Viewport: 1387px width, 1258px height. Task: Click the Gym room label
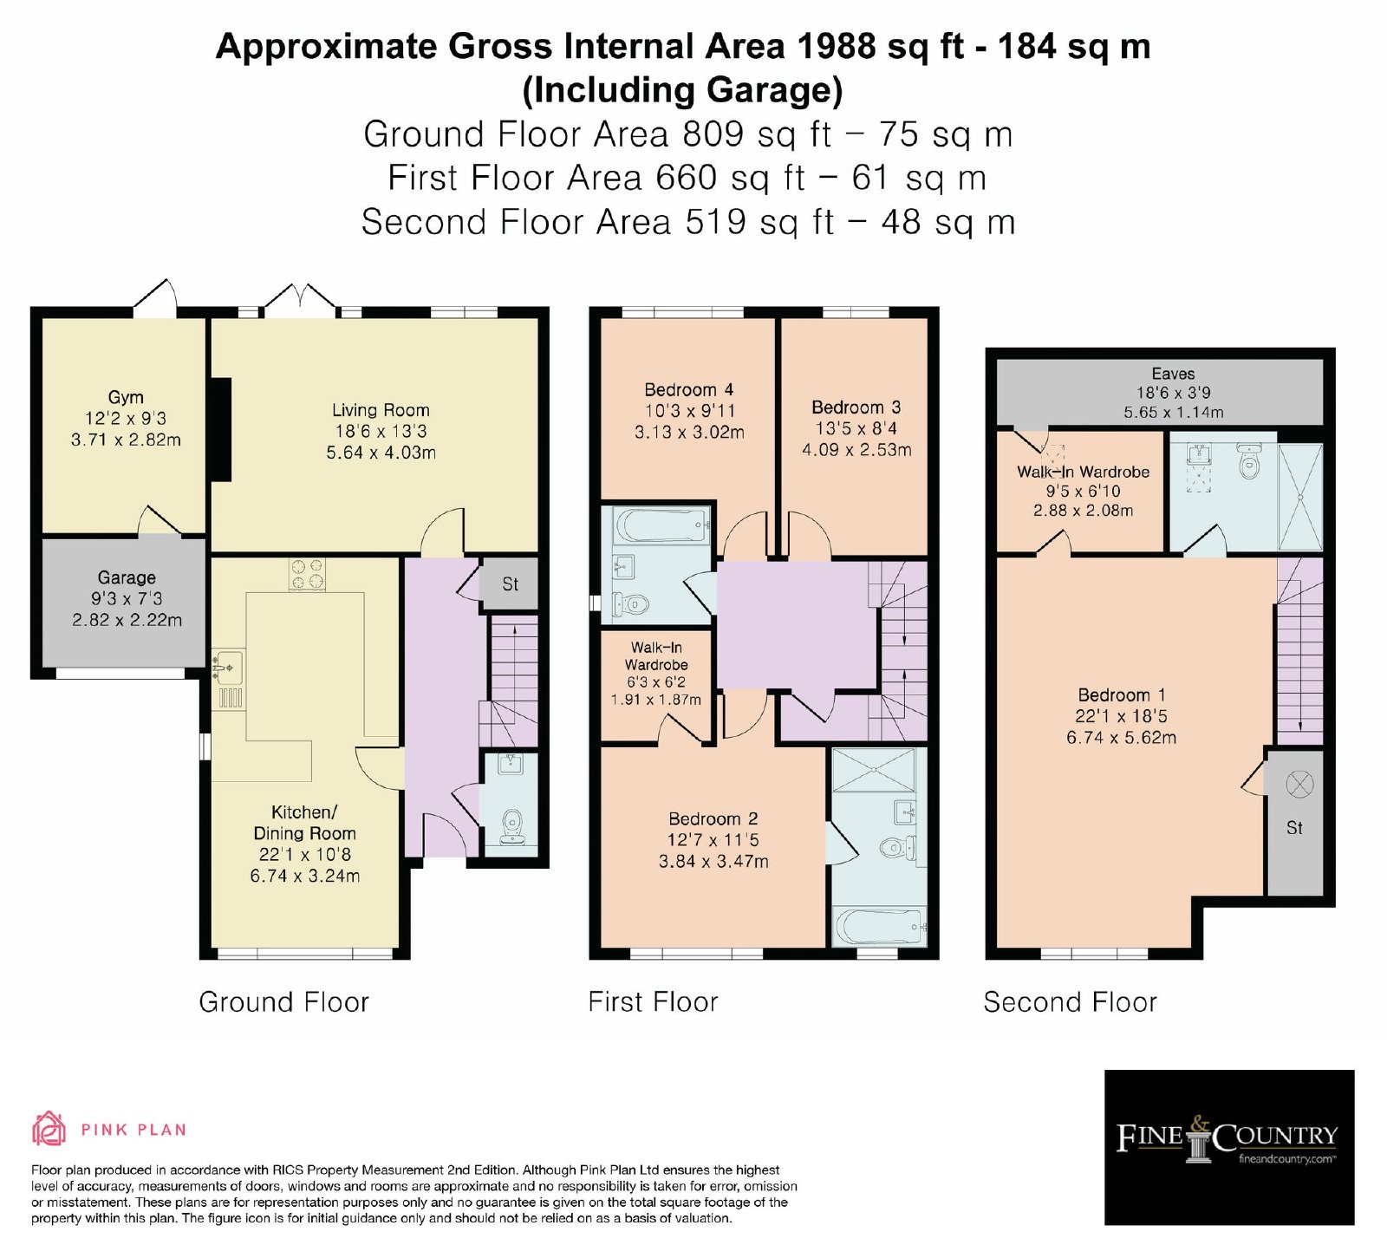pos(126,397)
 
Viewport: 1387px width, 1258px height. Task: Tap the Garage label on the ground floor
pos(127,577)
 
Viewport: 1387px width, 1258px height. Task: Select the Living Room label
pos(381,410)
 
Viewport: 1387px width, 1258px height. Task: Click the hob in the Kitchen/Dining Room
pos(307,575)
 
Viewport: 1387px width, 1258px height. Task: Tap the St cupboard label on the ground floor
pos(510,584)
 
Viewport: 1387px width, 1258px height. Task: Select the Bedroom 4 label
pos(689,389)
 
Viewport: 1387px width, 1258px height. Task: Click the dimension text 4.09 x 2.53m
pos(856,450)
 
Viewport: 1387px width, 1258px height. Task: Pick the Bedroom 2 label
pos(713,818)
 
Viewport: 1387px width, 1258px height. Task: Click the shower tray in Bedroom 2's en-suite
pos(873,770)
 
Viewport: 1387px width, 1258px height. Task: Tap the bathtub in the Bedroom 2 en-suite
pos(879,928)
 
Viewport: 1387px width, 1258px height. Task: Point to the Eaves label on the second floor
pos(1173,374)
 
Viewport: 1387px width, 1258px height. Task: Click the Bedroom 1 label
pos(1122,694)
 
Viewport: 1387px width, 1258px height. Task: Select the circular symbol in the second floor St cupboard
pos(1299,785)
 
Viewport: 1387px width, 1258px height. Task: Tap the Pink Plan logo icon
pos(49,1129)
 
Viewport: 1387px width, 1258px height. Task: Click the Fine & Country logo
pos(1228,1146)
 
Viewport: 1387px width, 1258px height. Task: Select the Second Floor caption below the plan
pos(1070,1002)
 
